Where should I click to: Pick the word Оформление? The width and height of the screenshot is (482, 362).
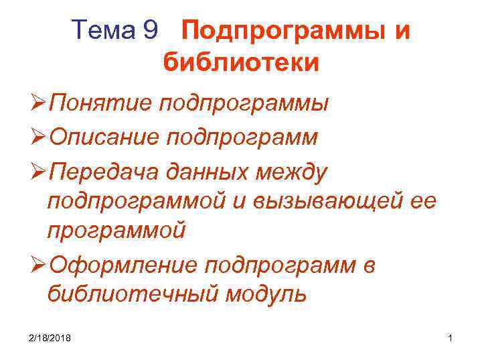124,265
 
